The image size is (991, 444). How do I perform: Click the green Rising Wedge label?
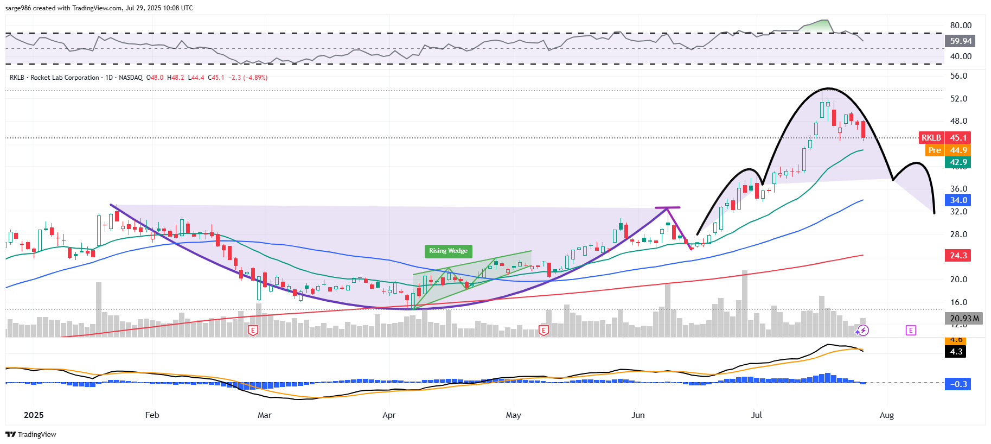click(x=448, y=251)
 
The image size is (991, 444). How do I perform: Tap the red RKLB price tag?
click(x=931, y=138)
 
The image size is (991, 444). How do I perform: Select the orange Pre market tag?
click(x=934, y=150)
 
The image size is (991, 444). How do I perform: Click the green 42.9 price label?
click(x=958, y=162)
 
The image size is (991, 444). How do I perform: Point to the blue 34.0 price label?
click(x=958, y=200)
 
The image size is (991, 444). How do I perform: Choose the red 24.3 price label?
click(x=958, y=256)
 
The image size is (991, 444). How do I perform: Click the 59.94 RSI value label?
click(x=960, y=41)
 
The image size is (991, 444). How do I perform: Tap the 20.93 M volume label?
click(x=964, y=319)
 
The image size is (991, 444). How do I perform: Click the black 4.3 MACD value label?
click(x=956, y=352)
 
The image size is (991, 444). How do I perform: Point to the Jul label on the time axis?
click(x=756, y=415)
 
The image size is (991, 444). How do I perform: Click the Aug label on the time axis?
click(x=886, y=415)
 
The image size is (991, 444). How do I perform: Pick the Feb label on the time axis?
click(x=152, y=415)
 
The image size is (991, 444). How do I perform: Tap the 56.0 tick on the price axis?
click(x=958, y=76)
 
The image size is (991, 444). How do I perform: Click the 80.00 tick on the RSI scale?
click(x=961, y=26)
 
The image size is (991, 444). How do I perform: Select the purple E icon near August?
click(x=911, y=330)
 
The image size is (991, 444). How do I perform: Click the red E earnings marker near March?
click(x=253, y=330)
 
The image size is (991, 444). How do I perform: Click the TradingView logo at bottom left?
click(x=31, y=434)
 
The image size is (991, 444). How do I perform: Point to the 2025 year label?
click(x=34, y=415)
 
